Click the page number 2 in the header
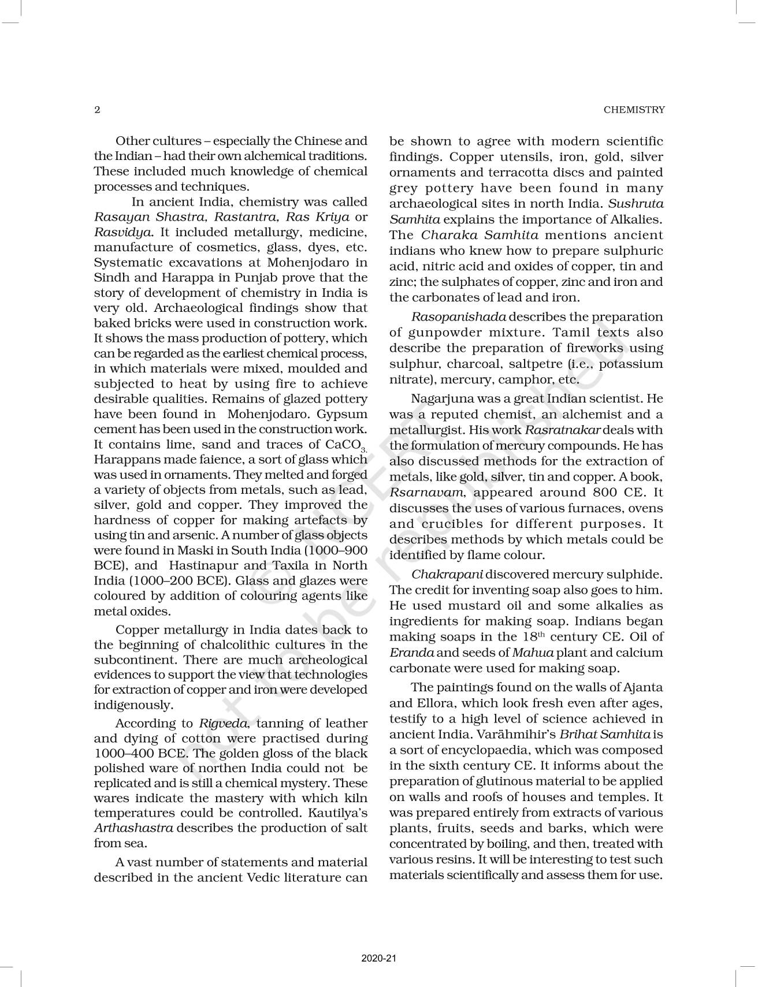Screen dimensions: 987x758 pos(97,110)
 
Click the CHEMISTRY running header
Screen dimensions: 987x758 pos(634,110)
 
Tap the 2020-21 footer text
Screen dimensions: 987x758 pos(379,958)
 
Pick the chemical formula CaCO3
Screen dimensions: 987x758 pos(345,445)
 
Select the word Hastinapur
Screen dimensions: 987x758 pos(204,565)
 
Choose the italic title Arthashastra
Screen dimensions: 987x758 pos(133,828)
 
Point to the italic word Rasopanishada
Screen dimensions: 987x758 pos(459,317)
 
